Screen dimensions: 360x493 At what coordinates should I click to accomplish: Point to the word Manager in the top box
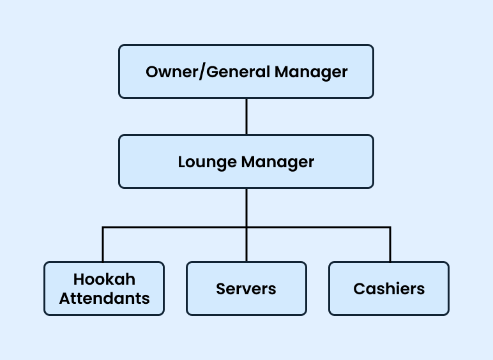(311, 71)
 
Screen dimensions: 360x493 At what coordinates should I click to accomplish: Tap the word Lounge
(207, 162)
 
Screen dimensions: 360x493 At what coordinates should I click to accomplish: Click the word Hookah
(104, 280)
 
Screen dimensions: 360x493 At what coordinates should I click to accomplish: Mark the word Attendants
(104, 298)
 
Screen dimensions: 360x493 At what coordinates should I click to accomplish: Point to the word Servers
(246, 289)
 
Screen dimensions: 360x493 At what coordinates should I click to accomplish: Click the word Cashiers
(389, 289)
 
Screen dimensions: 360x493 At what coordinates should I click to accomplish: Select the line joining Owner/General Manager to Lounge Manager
(247, 116)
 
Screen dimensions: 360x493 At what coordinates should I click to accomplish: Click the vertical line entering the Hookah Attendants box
(103, 245)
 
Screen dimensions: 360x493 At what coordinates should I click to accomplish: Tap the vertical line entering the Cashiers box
(390, 245)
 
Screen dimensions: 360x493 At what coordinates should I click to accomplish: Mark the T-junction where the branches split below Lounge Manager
(247, 227)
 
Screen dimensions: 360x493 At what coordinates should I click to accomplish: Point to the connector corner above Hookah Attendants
(103, 227)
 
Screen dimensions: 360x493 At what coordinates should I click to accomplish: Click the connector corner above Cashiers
(390, 227)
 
